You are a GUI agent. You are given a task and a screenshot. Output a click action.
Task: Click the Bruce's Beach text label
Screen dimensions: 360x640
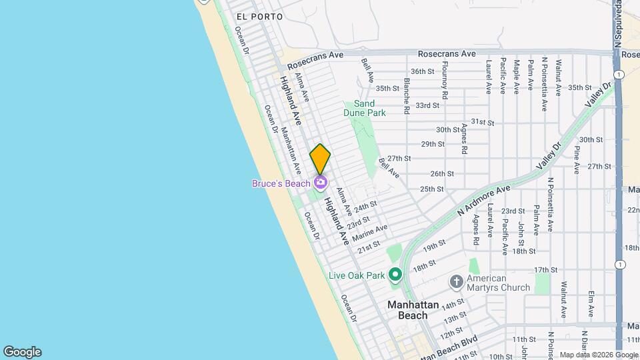(x=281, y=183)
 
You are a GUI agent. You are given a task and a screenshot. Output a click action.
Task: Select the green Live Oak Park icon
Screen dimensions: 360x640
(x=395, y=275)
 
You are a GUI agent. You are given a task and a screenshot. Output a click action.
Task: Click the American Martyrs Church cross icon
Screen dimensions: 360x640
(x=456, y=281)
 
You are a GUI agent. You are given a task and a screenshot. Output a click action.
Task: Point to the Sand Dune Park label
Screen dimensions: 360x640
(x=364, y=108)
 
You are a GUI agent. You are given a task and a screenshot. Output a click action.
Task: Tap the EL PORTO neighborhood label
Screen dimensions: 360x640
(x=259, y=16)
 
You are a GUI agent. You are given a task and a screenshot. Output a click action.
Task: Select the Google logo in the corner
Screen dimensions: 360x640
(x=22, y=352)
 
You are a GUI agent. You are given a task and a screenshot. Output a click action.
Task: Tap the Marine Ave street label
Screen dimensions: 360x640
(x=369, y=233)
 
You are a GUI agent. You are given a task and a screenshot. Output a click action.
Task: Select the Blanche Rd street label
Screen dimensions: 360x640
(x=406, y=94)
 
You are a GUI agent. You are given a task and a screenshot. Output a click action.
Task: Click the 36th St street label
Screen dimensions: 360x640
(x=422, y=71)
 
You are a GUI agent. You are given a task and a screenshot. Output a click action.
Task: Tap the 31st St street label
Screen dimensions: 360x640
(x=482, y=122)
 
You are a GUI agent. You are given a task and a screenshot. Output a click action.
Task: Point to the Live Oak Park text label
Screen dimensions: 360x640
(x=357, y=275)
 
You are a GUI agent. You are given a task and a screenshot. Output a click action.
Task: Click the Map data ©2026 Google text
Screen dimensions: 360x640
(x=590, y=355)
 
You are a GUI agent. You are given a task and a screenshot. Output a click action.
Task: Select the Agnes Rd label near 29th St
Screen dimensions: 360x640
(x=463, y=138)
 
